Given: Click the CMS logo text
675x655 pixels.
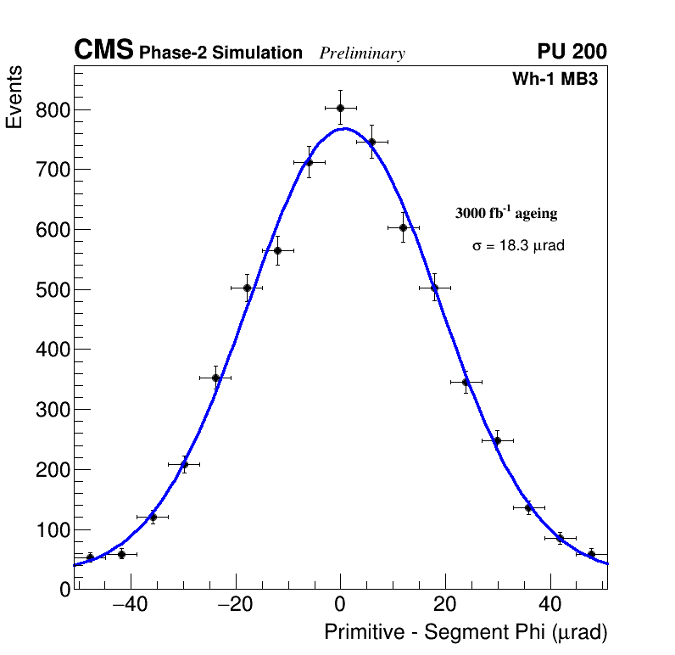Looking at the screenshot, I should click(103, 51).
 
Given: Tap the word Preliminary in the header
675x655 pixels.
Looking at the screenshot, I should click(362, 53).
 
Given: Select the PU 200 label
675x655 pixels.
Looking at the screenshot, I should click(572, 52).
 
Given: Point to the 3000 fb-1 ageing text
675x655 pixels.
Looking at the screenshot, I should click(506, 214).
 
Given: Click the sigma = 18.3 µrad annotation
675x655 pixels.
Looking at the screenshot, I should click(518, 246).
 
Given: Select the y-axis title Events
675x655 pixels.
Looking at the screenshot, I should click(14, 97).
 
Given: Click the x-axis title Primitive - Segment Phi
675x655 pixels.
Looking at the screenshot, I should click(466, 633).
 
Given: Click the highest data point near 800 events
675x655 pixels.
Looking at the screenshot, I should click(340, 108).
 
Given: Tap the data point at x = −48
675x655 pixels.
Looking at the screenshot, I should click(90, 557).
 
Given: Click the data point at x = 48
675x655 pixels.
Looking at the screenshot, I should click(591, 554).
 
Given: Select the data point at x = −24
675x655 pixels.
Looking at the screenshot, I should click(215, 378).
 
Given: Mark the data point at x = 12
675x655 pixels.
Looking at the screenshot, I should click(403, 227).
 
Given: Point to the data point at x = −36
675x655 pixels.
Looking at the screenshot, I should click(153, 517).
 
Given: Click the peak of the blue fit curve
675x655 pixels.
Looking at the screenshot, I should click(343, 128).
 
